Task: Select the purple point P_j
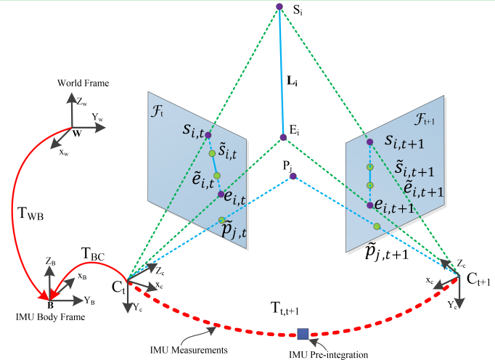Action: (x=292, y=176)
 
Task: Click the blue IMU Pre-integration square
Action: (x=303, y=334)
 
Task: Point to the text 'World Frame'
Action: (x=83, y=84)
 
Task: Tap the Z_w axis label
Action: (x=82, y=102)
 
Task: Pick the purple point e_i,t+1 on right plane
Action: (x=370, y=206)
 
